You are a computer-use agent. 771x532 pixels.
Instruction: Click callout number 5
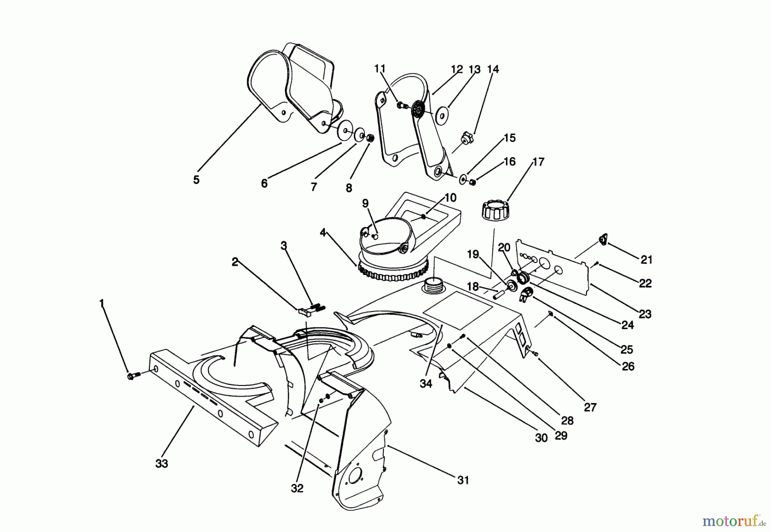tap(196, 180)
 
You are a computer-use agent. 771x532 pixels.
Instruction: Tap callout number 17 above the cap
tap(538, 162)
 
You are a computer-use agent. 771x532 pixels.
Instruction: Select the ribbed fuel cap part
tap(494, 210)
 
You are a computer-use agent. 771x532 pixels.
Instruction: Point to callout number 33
tap(161, 463)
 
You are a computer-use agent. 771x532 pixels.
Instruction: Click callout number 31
tap(463, 480)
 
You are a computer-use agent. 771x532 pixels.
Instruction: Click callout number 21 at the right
tap(646, 260)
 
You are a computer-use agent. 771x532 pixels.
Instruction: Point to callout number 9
tap(365, 203)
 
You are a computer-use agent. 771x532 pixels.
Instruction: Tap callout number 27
tap(590, 407)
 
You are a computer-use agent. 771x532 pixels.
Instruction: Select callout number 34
tap(426, 384)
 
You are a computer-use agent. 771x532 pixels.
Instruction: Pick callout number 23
tap(645, 314)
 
